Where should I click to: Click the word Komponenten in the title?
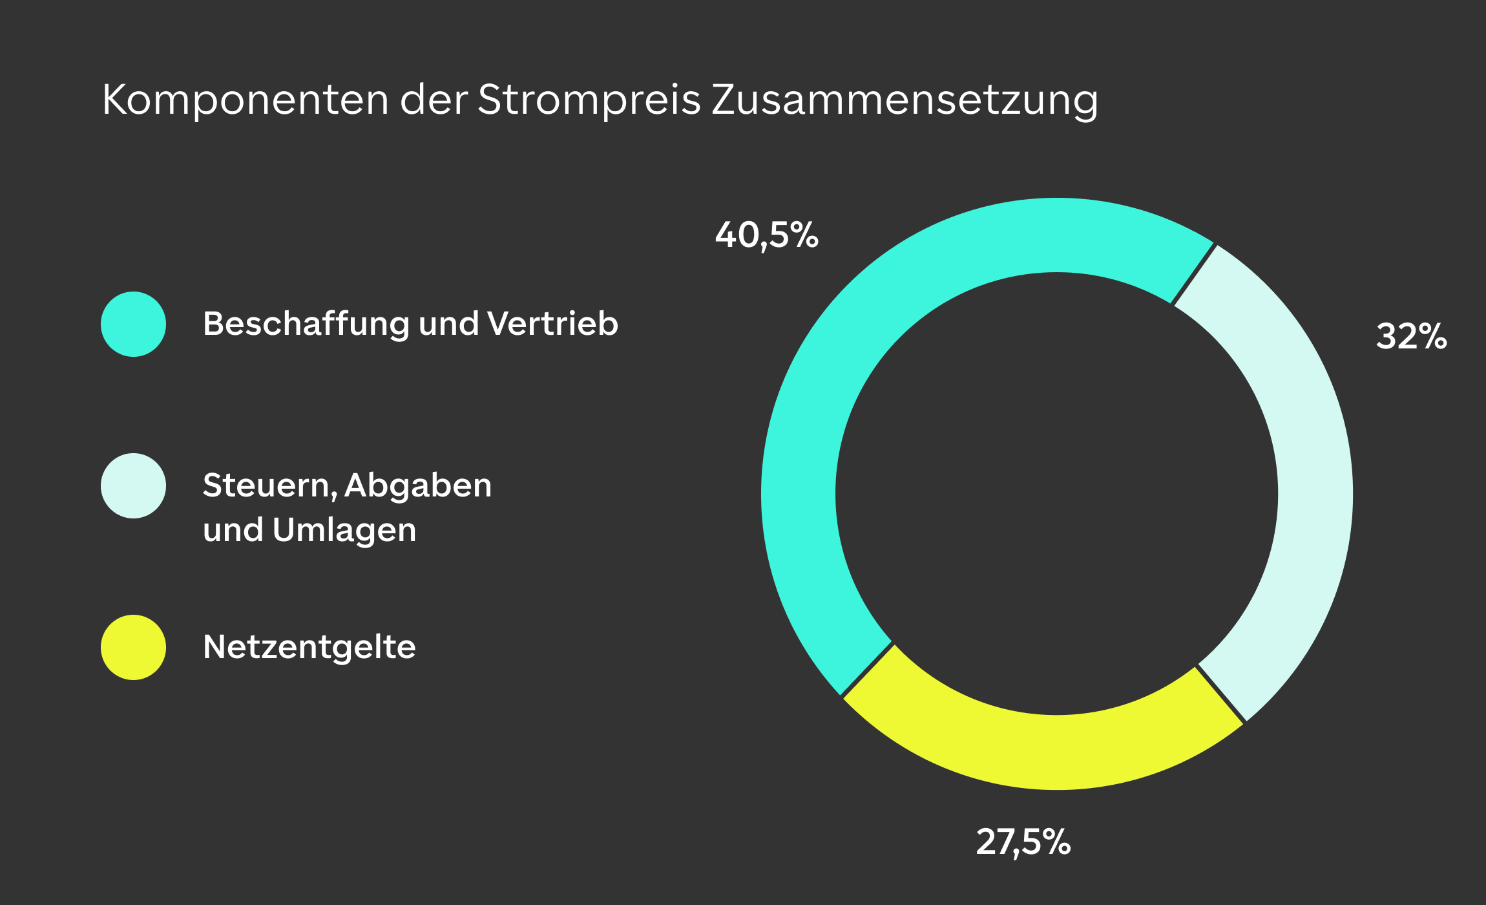(x=246, y=101)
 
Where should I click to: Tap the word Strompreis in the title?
(x=589, y=101)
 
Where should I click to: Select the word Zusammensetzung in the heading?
(x=905, y=101)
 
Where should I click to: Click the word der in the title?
(x=434, y=100)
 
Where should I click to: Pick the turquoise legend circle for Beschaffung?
(x=134, y=324)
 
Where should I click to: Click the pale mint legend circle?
(x=134, y=485)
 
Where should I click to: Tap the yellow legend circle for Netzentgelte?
(x=134, y=647)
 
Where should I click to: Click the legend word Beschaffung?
(x=306, y=324)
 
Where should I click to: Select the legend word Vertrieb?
(x=553, y=323)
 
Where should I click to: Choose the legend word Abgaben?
(x=418, y=485)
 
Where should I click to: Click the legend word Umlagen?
(x=344, y=530)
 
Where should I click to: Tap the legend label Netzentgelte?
(x=309, y=647)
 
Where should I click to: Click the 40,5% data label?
(x=767, y=235)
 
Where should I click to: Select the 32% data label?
(x=1412, y=336)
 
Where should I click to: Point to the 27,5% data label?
(x=1023, y=842)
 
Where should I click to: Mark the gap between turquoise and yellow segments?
(x=867, y=670)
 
